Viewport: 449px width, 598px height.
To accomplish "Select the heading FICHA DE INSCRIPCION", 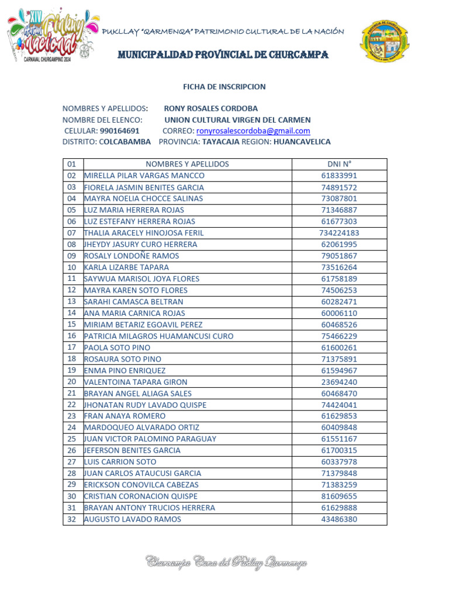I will [224, 86].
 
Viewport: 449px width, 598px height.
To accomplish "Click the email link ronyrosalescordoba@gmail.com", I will [253, 131].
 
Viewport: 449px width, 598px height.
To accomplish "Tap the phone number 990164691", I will [119, 131].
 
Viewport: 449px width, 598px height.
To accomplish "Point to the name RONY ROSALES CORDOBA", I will [210, 109].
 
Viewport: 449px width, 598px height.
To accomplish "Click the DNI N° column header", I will [339, 164].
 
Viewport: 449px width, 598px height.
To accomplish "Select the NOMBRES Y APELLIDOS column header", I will [187, 164].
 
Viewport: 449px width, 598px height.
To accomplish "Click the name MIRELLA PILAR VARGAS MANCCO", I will [144, 176].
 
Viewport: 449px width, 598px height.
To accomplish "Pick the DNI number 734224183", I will [339, 233].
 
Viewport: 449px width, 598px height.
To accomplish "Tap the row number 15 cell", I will [72, 324].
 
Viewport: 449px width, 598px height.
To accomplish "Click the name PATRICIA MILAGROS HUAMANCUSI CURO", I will [158, 336].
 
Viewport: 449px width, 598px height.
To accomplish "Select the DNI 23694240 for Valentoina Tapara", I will [339, 382].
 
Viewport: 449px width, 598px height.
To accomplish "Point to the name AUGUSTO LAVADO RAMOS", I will [133, 519].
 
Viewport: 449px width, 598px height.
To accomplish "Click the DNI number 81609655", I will [339, 496].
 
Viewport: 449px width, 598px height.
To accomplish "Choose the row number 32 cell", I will [72, 519].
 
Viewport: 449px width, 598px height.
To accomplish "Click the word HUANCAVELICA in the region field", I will [302, 142].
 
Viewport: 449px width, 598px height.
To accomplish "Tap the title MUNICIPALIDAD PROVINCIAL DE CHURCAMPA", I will [223, 55].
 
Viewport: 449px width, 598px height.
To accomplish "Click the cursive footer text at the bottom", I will [226, 562].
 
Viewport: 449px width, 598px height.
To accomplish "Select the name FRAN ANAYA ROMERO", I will [125, 416].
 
